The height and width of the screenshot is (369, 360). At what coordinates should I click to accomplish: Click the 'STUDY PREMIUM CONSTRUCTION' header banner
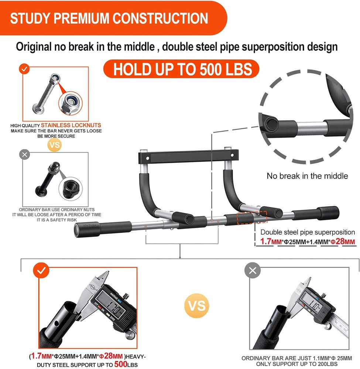coord(109,18)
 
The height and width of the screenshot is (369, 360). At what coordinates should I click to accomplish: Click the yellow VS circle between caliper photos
coord(196,306)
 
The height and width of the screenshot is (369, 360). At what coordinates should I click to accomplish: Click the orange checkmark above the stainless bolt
coord(24,69)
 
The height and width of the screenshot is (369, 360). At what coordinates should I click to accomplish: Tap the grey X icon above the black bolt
coord(25,155)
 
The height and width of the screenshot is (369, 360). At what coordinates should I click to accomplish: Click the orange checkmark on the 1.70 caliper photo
coord(41,270)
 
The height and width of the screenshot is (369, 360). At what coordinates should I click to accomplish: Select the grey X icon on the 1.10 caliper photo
coord(253,271)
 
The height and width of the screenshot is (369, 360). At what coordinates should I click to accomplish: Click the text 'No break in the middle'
coord(307,176)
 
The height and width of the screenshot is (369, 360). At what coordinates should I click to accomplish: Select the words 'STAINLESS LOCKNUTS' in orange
coord(71,125)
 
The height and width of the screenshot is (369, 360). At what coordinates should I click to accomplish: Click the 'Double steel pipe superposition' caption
coord(308,232)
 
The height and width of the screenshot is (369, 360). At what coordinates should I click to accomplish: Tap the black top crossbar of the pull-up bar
coord(189,157)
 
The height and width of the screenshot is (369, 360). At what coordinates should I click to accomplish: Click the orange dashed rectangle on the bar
coord(247,218)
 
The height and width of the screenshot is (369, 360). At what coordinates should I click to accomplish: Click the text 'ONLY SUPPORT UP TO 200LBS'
coord(296,364)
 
